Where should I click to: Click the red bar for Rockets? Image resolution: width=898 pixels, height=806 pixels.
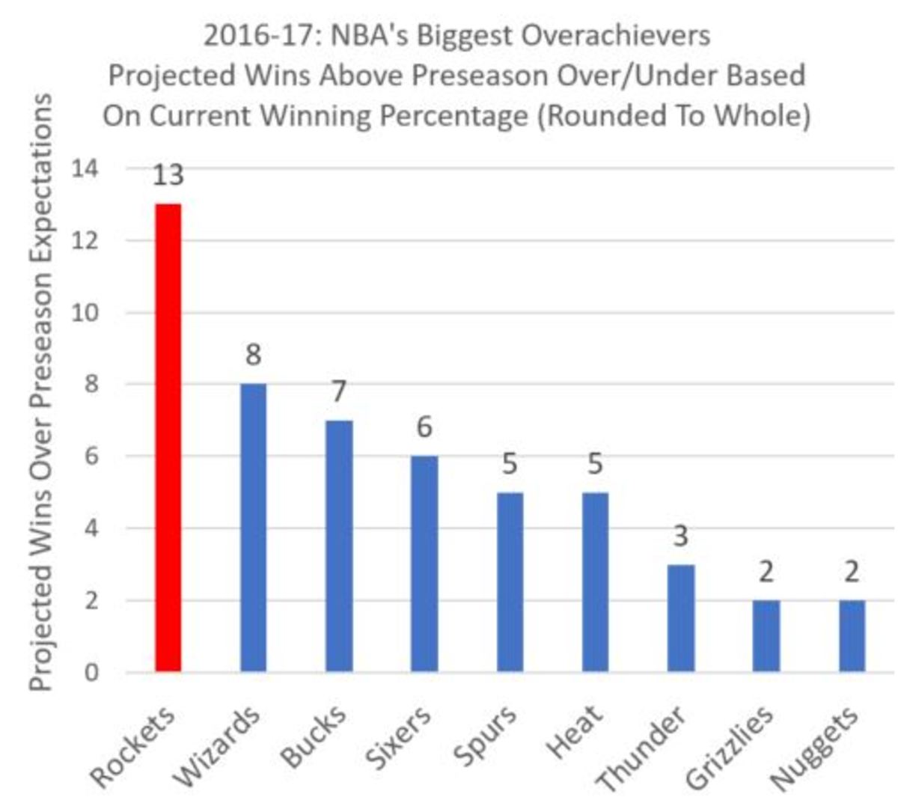[168, 437]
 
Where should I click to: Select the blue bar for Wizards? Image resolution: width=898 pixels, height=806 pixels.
[253, 527]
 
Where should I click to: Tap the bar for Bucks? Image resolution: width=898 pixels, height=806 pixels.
[339, 546]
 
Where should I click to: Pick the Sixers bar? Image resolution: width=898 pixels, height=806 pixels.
[424, 564]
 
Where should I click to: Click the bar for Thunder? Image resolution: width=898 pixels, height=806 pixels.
[681, 617]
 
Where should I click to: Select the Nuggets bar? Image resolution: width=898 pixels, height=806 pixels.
[852, 635]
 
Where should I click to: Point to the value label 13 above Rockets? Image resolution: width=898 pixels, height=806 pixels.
[168, 175]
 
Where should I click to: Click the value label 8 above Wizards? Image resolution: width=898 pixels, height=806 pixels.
[253, 355]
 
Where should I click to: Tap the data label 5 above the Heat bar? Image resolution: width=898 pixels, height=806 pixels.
[595, 464]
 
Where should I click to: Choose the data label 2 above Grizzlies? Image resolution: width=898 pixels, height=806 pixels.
[766, 573]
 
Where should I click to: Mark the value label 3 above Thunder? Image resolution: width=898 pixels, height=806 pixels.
[680, 536]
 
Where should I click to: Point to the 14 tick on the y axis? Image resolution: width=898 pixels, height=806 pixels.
[85, 168]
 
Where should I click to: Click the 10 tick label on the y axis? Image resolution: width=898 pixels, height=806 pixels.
[85, 312]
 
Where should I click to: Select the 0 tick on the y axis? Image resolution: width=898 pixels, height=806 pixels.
[91, 672]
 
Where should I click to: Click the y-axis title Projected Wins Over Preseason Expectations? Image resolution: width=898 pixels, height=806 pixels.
[40, 393]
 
